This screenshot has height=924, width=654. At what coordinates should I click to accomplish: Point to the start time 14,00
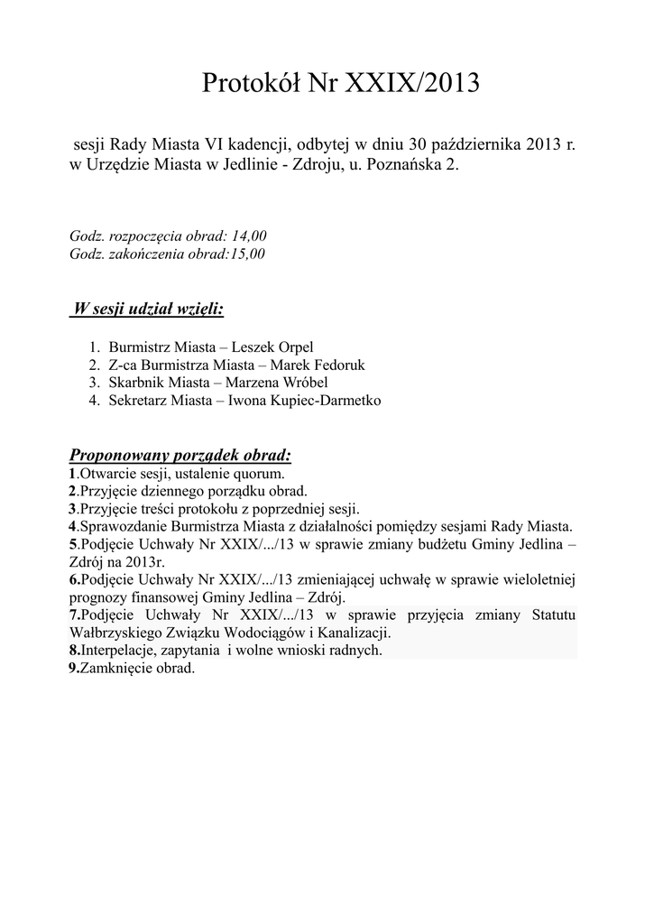click(x=249, y=236)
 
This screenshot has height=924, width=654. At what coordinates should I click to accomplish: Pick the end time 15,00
click(x=246, y=254)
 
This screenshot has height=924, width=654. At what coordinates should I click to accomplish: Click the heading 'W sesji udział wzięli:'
click(x=148, y=310)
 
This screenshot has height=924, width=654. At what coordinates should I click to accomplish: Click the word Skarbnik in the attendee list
click(x=135, y=382)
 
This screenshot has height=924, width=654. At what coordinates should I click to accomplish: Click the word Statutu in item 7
click(x=547, y=614)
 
